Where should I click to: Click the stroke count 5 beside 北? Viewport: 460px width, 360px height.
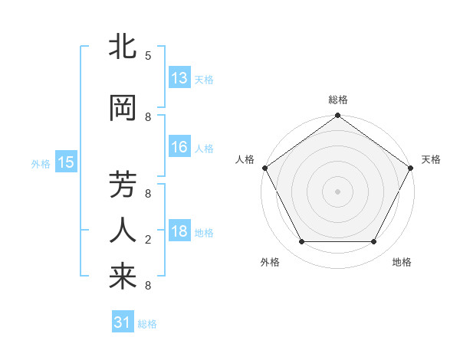click(x=147, y=56)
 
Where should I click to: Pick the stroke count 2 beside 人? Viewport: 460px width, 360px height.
click(x=147, y=240)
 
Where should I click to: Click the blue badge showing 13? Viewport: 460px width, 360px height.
click(x=179, y=78)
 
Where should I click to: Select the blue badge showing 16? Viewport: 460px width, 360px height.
click(x=179, y=147)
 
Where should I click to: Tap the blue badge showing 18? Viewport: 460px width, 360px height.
click(x=179, y=231)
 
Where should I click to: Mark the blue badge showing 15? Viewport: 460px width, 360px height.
click(x=65, y=162)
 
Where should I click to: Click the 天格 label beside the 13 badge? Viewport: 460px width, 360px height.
click(x=203, y=79)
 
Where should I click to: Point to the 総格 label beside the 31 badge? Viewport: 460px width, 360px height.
click(x=147, y=324)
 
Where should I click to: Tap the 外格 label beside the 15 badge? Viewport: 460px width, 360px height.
click(x=40, y=163)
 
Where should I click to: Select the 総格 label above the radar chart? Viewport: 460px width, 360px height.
click(x=338, y=100)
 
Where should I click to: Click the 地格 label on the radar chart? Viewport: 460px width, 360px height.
click(x=402, y=263)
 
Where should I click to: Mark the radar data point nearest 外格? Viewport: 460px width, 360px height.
click(x=301, y=242)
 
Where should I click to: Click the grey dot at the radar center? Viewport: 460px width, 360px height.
click(x=337, y=191)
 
